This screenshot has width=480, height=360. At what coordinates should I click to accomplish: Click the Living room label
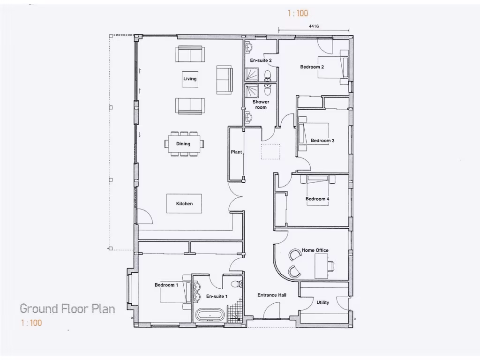click(x=190, y=79)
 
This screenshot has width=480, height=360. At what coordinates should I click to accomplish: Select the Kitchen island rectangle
click(x=184, y=203)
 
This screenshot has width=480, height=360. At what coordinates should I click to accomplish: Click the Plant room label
click(x=236, y=152)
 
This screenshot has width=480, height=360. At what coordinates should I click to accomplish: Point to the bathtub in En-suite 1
click(x=210, y=315)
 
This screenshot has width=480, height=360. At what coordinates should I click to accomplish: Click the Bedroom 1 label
click(x=166, y=285)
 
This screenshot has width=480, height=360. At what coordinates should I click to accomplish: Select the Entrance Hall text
click(x=272, y=295)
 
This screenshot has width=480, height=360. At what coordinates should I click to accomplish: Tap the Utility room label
click(x=322, y=302)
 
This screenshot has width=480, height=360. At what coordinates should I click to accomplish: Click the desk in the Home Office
click(x=321, y=266)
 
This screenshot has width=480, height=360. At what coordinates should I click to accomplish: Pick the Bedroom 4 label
click(x=317, y=199)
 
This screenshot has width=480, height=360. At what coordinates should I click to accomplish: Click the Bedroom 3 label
click(x=322, y=141)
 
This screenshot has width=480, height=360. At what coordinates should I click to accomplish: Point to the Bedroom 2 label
click(x=312, y=67)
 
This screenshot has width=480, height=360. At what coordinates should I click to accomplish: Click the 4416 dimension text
click(x=314, y=27)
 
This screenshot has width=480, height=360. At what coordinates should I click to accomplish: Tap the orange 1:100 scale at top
click(x=298, y=14)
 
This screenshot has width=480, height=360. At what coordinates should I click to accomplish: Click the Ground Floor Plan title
click(x=67, y=308)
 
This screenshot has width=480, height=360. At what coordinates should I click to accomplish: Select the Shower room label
click(x=261, y=105)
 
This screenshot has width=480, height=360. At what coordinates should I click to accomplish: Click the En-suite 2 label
click(x=261, y=60)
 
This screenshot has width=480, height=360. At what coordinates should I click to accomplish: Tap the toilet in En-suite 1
click(x=238, y=283)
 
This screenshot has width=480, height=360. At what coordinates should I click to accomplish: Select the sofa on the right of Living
click(x=224, y=79)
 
